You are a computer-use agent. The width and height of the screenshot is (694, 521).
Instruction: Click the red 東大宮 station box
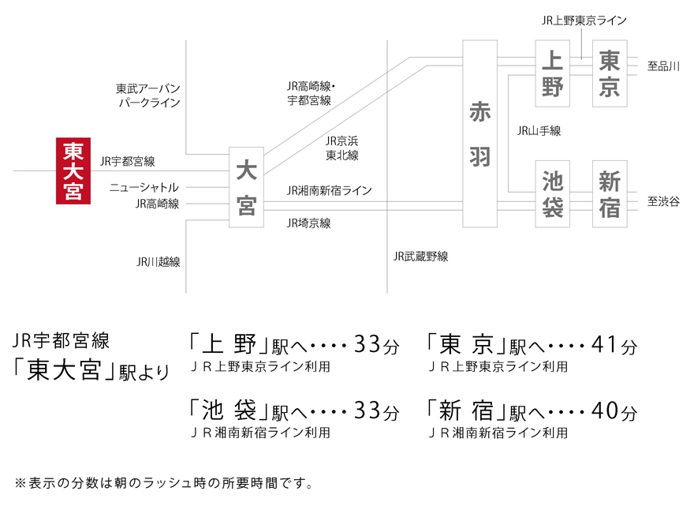click(x=73, y=171)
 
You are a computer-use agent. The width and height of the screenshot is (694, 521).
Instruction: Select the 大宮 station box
click(x=246, y=187)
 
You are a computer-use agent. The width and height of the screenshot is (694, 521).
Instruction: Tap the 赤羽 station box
click(x=479, y=133)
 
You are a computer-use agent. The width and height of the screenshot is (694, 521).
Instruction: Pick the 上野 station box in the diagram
click(x=552, y=73)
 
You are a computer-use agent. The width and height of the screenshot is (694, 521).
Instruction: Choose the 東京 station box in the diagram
click(x=610, y=73)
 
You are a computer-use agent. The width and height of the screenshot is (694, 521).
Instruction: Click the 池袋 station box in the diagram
click(x=552, y=194)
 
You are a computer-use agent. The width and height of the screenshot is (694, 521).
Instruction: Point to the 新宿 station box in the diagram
click(x=610, y=194)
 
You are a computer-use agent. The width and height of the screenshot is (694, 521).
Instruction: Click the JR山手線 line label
click(x=539, y=131)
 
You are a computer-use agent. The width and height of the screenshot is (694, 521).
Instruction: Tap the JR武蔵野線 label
click(x=421, y=256)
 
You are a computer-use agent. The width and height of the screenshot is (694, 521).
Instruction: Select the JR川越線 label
click(x=158, y=262)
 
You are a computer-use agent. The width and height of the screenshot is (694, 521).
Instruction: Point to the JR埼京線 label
click(x=309, y=223)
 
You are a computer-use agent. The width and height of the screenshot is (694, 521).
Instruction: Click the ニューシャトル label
click(x=144, y=187)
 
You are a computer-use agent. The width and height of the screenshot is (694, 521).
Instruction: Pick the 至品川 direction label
click(x=663, y=66)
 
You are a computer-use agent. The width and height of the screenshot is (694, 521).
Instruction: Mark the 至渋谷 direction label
click(x=663, y=201)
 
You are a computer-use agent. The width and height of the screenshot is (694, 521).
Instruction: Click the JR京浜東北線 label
click(x=342, y=148)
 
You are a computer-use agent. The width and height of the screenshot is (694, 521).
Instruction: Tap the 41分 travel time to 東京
click(x=615, y=345)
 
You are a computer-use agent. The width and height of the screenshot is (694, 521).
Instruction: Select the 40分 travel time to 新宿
click(x=615, y=410)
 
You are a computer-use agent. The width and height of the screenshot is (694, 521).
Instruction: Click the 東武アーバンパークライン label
click(x=148, y=96)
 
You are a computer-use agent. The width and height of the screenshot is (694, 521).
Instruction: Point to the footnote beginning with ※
click(x=164, y=483)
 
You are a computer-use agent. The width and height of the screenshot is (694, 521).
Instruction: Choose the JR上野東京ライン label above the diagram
click(x=584, y=21)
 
